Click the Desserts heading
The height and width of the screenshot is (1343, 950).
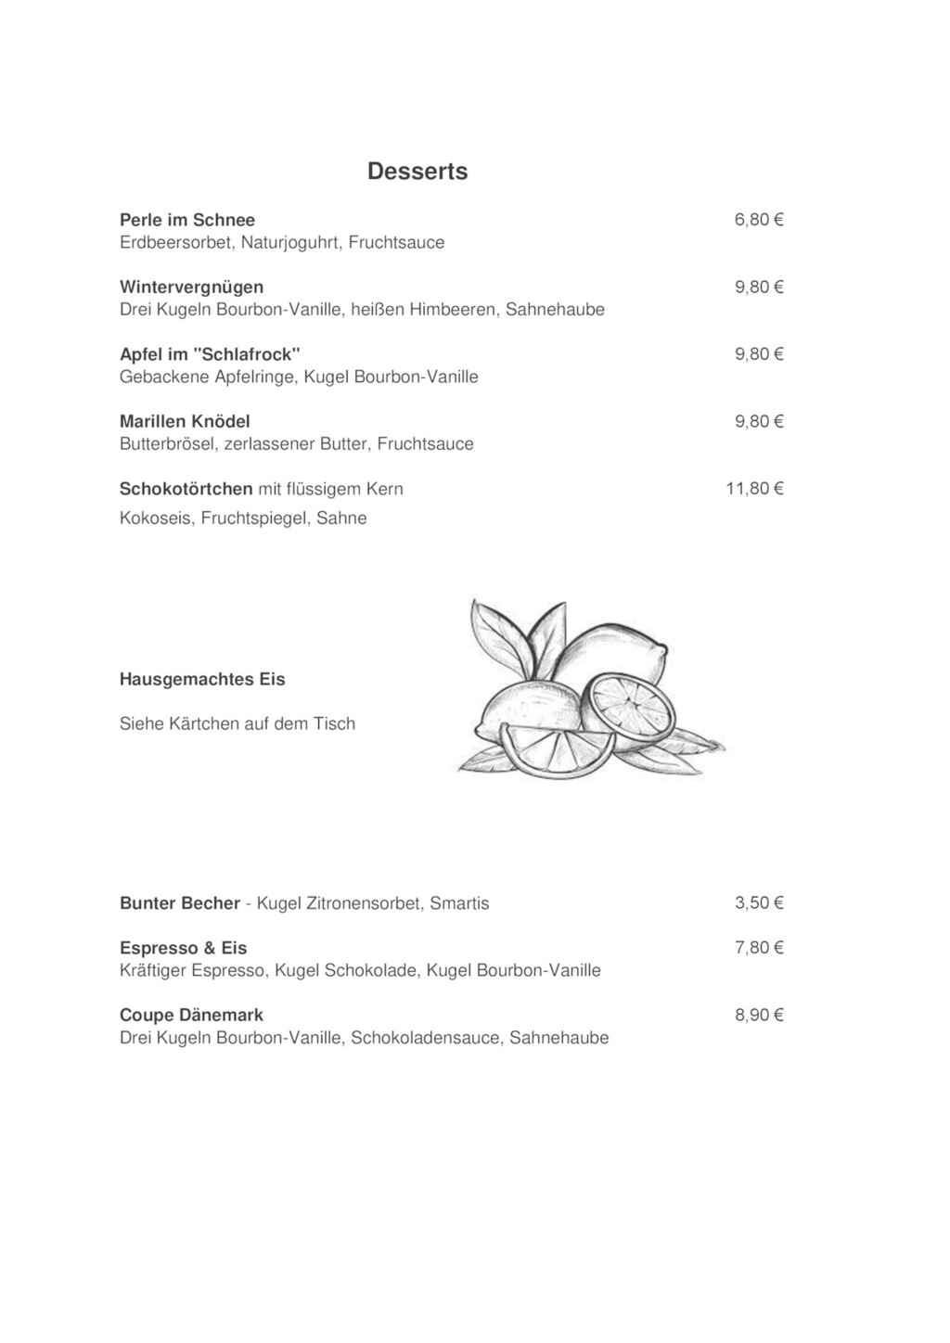[417, 172]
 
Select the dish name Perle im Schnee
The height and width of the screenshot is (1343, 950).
[187, 220]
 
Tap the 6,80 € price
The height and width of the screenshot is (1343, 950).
[759, 220]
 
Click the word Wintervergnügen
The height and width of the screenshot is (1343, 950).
[191, 288]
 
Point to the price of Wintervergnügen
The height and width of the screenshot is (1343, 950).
[759, 288]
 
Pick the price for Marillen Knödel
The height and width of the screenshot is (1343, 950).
[759, 422]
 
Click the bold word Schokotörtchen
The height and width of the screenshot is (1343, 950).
[186, 489]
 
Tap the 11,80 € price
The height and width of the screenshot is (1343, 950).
[754, 489]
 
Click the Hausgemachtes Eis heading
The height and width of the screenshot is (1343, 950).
[202, 680]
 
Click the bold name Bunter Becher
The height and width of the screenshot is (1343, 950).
[180, 903]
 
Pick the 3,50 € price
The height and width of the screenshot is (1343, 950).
[759, 903]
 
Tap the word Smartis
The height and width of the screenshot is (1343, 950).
[459, 903]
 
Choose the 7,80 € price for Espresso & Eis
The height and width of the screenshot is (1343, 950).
[759, 948]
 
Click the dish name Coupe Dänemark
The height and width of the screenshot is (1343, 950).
[191, 1016]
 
